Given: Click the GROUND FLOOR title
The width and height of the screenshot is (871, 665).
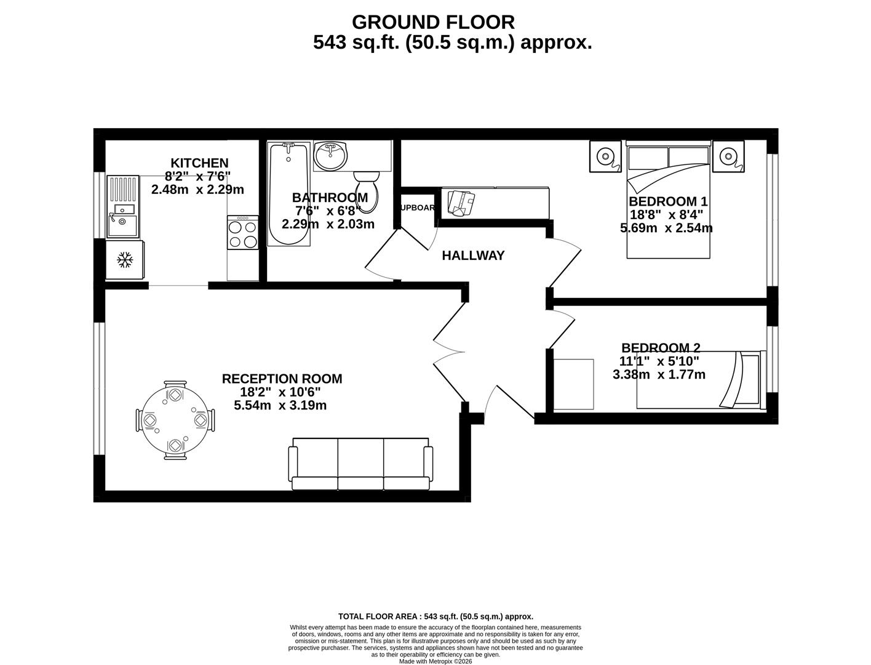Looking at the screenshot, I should [x=433, y=22].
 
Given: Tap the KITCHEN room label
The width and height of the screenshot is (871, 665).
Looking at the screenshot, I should [x=199, y=163].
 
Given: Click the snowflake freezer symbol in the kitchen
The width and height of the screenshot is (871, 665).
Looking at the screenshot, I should [x=125, y=260].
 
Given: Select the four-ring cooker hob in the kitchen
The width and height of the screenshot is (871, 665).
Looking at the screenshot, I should [x=243, y=233].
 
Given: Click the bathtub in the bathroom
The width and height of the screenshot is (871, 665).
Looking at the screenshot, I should [x=288, y=193].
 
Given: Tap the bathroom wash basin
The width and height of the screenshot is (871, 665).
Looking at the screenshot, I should [x=330, y=156].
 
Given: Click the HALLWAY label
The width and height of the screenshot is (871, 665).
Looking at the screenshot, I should [x=473, y=256].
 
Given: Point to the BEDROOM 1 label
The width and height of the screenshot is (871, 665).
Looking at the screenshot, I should [x=668, y=201].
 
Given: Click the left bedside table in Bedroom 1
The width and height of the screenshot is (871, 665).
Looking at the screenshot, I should [x=605, y=156].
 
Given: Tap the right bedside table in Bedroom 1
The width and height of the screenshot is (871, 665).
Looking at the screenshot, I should [x=728, y=156].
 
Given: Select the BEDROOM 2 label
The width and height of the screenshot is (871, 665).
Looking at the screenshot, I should [x=661, y=348].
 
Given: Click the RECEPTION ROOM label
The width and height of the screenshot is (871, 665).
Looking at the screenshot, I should [x=282, y=379].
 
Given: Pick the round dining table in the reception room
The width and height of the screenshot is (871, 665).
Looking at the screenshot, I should [x=176, y=421].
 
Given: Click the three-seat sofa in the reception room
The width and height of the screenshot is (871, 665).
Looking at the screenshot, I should [x=360, y=464].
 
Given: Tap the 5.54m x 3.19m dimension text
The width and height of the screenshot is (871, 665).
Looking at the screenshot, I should [x=280, y=406].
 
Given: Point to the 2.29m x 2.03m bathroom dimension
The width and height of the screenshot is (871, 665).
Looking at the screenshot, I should [x=328, y=224].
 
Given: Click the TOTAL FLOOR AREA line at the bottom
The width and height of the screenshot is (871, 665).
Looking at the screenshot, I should [x=435, y=616].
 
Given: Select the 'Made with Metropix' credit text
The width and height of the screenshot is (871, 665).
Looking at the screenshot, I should [x=435, y=661].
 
